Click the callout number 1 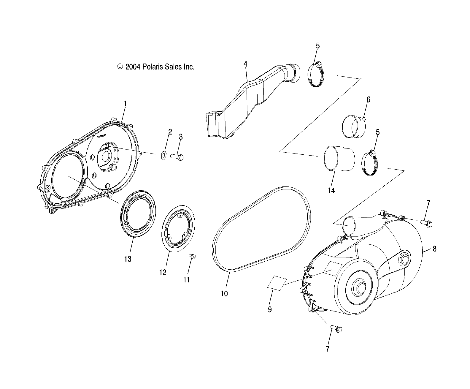[x=125, y=104]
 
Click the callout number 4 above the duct [x=245, y=64]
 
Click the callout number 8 [x=434, y=249]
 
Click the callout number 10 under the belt [x=224, y=294]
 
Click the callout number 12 [x=163, y=272]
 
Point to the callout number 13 [x=128, y=259]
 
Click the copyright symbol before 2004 [x=120, y=67]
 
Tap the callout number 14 [x=331, y=191]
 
